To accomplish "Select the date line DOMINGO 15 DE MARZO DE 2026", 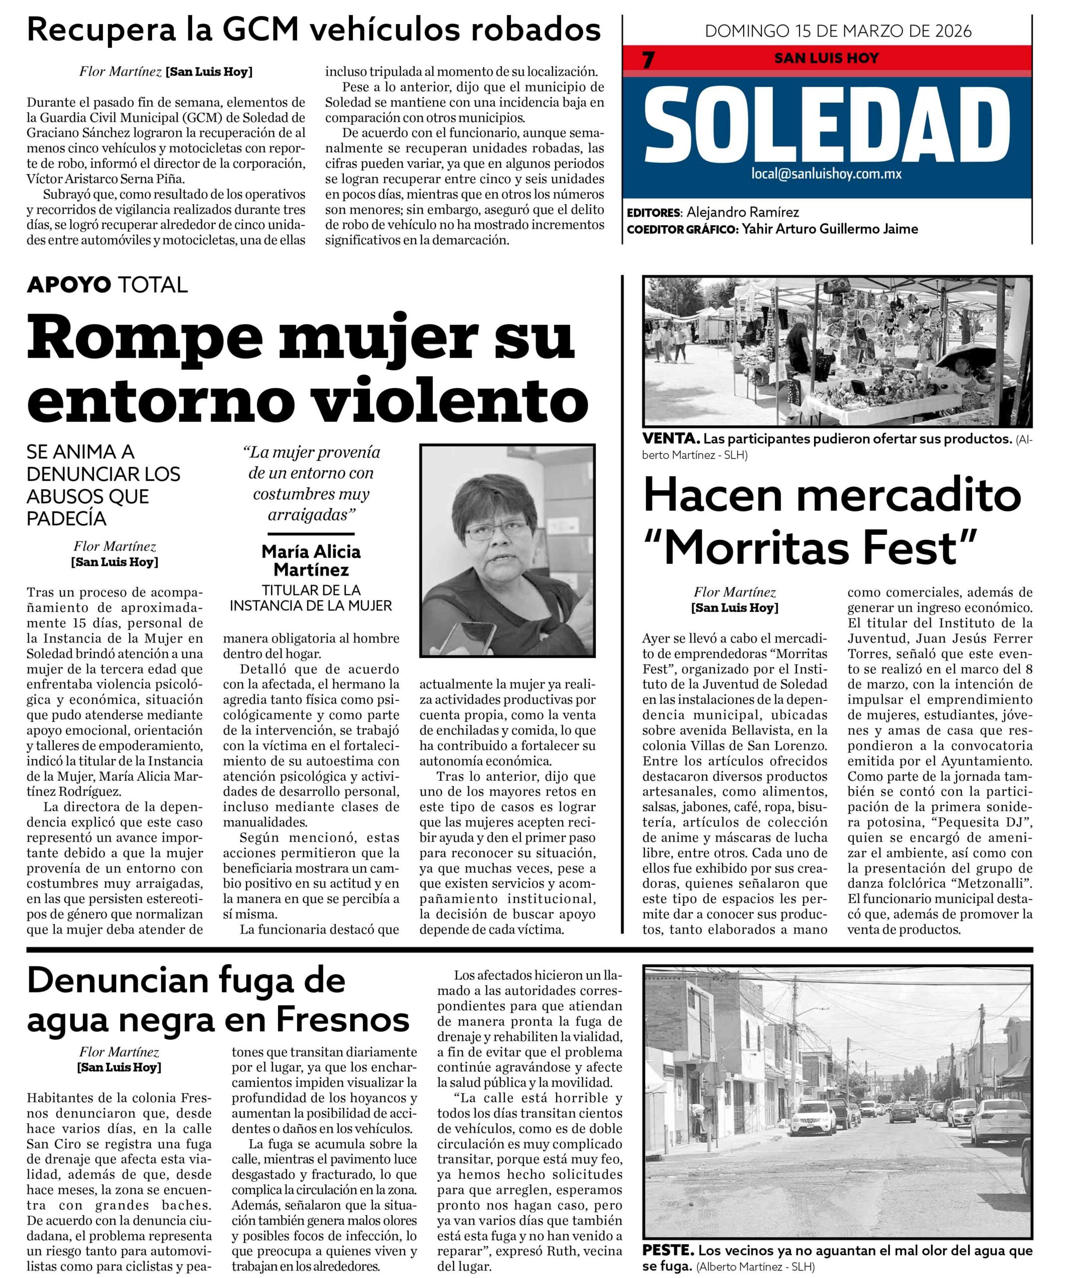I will pyautogui.click(x=838, y=31).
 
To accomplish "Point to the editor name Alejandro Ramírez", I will pyautogui.click(x=743, y=212).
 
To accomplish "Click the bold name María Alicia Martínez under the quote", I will pyautogui.click(x=311, y=561).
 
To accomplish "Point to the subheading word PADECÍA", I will pyautogui.click(x=67, y=519).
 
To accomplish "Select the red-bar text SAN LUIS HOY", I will pyautogui.click(x=826, y=58).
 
